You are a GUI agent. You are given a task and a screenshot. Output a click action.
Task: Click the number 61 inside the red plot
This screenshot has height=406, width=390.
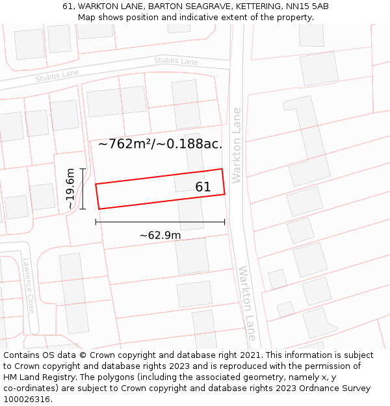[203, 187]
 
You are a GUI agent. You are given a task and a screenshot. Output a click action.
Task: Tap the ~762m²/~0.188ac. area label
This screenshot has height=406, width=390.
[160, 144]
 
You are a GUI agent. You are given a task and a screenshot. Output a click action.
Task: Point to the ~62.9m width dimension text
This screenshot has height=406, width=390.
[160, 235]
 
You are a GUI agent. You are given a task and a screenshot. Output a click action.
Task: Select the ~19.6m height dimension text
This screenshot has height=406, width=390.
[70, 189]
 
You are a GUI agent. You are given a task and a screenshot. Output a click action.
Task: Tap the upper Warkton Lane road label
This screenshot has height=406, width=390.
[237, 145]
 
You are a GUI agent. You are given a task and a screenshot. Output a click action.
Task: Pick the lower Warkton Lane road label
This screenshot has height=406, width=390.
[248, 303]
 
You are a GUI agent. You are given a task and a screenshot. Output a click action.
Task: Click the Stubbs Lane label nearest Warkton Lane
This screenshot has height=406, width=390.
[176, 62]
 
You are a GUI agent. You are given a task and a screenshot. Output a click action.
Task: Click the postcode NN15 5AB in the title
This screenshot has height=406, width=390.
[305, 6]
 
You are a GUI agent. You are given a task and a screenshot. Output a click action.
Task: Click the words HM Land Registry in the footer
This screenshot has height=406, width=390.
[38, 377]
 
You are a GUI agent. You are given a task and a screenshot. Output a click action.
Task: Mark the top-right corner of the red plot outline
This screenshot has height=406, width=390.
[222, 169]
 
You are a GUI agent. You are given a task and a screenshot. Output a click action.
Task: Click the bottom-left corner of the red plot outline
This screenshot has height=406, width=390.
[99, 209]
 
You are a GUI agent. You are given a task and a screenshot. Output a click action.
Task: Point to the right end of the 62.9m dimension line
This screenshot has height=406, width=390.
[225, 222]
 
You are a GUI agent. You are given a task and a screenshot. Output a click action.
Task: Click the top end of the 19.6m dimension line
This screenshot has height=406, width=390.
[83, 169]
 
